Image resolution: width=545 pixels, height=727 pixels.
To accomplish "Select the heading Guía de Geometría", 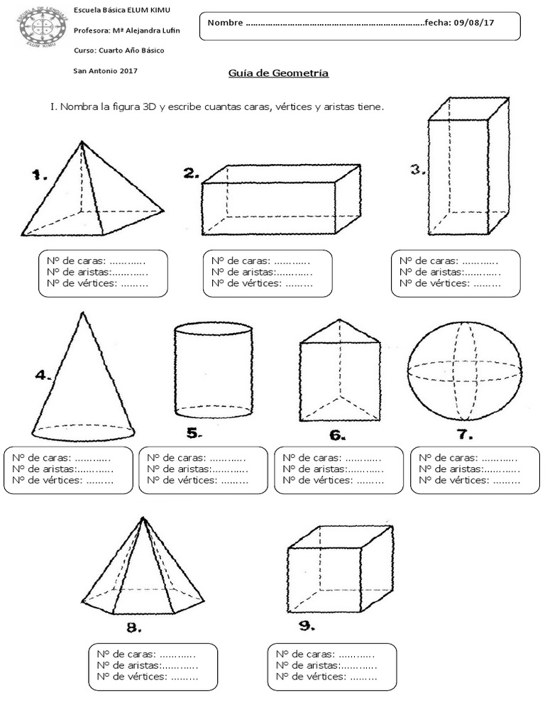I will click(278, 73).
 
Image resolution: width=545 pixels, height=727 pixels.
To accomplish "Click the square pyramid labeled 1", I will click(89, 192).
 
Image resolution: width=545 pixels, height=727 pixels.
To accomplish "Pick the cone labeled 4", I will click(83, 380).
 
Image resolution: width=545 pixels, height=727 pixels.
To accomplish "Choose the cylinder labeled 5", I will click(213, 371).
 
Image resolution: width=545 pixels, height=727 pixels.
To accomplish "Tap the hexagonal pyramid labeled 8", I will click(142, 568).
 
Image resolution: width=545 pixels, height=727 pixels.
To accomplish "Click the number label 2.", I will click(190, 173).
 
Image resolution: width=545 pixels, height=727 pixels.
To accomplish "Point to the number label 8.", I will click(133, 627).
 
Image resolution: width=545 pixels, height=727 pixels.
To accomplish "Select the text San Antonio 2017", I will click(106, 70).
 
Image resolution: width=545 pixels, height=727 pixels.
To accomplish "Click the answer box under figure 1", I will click(103, 273).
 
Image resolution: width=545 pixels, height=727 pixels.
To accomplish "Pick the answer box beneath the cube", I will click(331, 666).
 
